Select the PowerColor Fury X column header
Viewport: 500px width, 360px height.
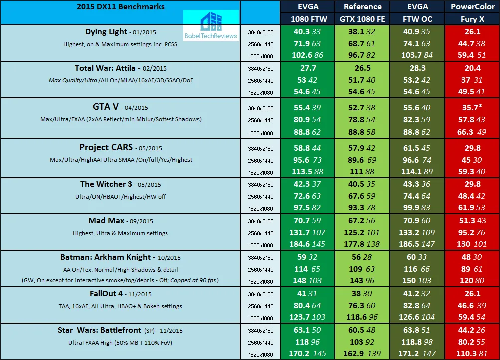pyautogui.click(x=471, y=13)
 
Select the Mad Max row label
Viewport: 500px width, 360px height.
pyautogui.click(x=106, y=220)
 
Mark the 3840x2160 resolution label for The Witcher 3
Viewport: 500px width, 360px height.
pyautogui.click(x=261, y=185)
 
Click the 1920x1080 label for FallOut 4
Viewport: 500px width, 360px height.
pyautogui.click(x=261, y=318)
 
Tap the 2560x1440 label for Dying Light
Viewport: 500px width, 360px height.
pyautogui.click(x=261, y=44)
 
